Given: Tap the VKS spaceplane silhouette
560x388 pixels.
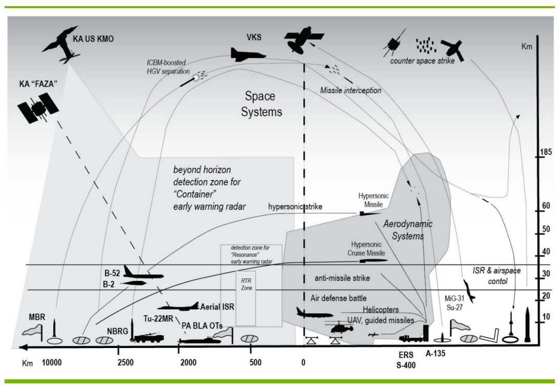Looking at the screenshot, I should pyautogui.click(x=248, y=54).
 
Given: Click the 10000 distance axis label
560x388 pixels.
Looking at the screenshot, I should pyautogui.click(x=52, y=363).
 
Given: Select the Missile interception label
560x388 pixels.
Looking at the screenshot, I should pyautogui.click(x=350, y=91).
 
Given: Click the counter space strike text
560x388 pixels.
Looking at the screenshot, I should pyautogui.click(x=422, y=61).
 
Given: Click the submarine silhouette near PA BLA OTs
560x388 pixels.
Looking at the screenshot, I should pyautogui.click(x=201, y=340).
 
